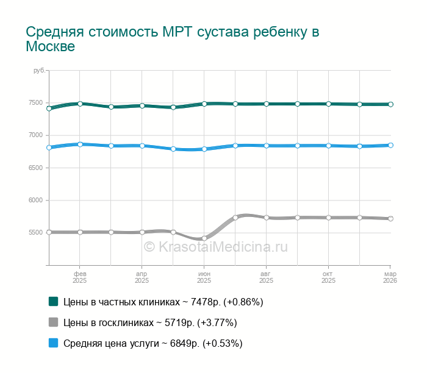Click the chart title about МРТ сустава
click(173, 39)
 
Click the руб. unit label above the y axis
click(40, 71)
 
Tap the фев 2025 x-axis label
click(80, 277)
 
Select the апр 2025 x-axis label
click(142, 277)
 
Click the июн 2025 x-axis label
click(204, 277)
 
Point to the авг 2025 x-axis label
click(267, 277)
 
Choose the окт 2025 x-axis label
click(329, 277)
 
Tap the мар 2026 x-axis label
click(390, 277)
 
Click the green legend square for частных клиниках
click(53, 301)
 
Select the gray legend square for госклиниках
click(53, 322)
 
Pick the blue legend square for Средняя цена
click(53, 343)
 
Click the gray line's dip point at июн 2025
click(204, 238)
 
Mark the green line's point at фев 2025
click(80, 104)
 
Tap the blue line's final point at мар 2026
click(390, 145)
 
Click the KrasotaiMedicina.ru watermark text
click(215, 247)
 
